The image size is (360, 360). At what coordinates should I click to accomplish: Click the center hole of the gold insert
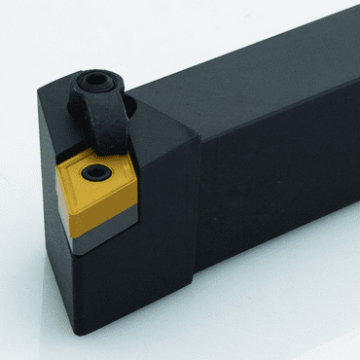[x=94, y=175]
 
